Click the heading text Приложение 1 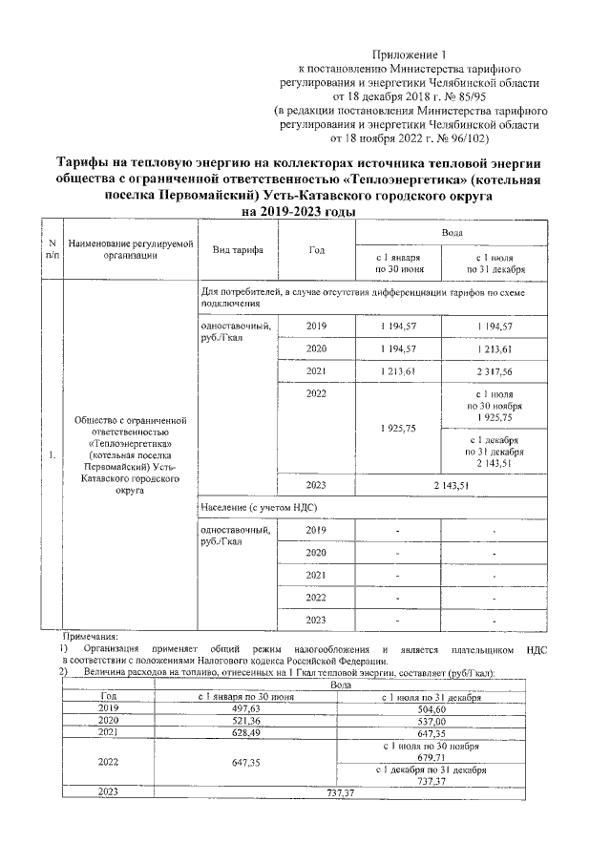point(408,56)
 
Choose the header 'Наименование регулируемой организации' point(124,249)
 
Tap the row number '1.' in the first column point(52,454)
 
